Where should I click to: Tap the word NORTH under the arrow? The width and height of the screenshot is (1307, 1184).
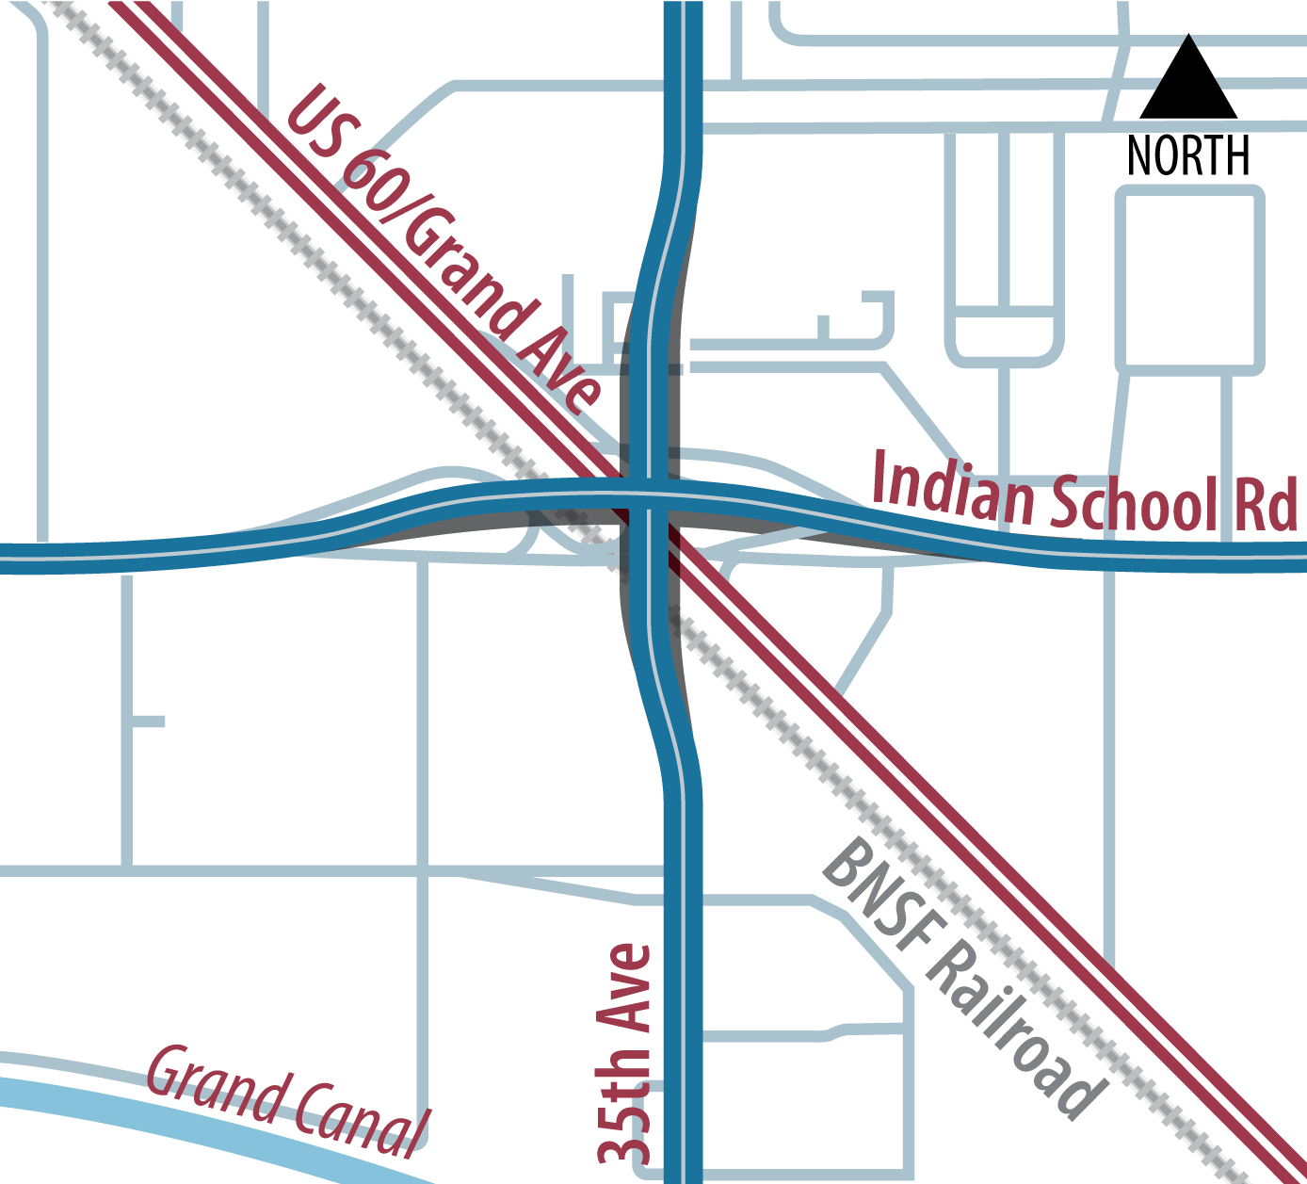pos(1188,155)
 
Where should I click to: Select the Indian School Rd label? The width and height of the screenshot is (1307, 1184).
pos(1083,495)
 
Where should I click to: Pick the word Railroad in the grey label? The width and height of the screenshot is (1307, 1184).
pos(1012,1031)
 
